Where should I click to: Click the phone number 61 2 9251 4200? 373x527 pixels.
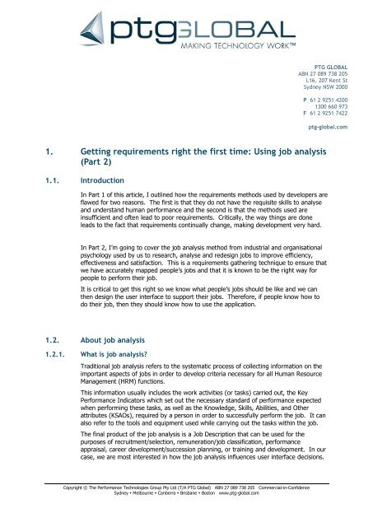click(329, 99)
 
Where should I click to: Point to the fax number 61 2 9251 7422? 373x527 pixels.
click(329, 113)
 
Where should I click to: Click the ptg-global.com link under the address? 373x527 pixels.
click(328, 128)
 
